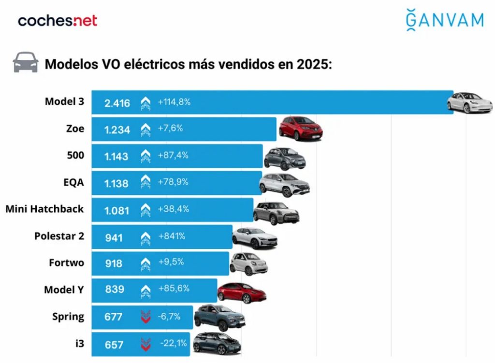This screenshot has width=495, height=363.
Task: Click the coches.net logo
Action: [x=58, y=21]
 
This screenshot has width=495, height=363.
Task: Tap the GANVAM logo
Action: [x=444, y=20]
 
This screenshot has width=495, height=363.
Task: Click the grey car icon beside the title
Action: [x=26, y=63]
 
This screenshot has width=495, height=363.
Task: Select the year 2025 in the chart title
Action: [x=313, y=64]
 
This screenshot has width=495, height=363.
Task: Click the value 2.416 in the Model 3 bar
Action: [x=117, y=102]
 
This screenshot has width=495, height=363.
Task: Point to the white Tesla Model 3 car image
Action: [x=469, y=102]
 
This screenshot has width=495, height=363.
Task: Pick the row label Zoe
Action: [x=75, y=129]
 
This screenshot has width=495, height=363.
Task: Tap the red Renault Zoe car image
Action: [x=301, y=129]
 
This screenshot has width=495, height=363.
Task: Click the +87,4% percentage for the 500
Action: [x=173, y=156]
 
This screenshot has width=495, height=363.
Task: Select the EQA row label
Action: [x=73, y=182]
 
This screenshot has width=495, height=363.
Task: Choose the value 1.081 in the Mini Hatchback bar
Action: [x=117, y=210]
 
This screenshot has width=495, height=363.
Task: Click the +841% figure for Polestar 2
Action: [x=172, y=236]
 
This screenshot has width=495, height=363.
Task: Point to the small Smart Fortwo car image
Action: [x=248, y=263]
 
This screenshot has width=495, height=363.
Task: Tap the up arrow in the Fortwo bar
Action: [x=146, y=263]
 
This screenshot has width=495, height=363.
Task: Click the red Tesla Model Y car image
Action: [x=242, y=291]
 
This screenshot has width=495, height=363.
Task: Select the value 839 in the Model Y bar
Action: [x=115, y=290]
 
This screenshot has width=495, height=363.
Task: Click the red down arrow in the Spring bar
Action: [x=146, y=317]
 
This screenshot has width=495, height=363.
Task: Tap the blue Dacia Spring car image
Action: [x=219, y=317]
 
